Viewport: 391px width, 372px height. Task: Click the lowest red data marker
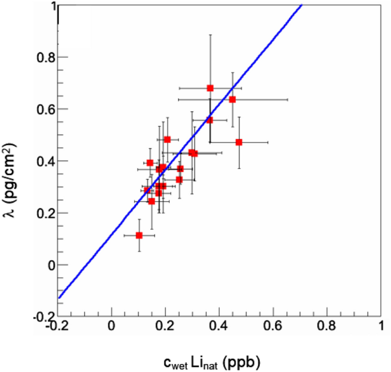click(139, 235)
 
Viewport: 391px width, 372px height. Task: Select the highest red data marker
click(210, 88)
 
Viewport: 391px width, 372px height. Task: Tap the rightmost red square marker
click(239, 142)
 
